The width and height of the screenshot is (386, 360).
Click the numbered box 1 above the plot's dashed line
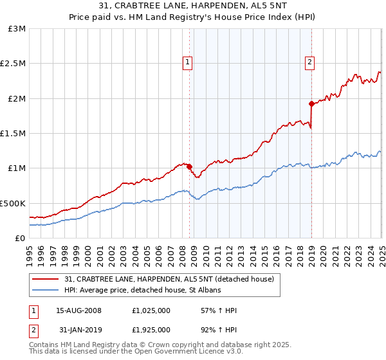tap(187, 62)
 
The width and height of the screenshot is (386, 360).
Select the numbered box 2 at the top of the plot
tap(309, 62)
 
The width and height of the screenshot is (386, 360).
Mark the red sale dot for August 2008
tap(190, 166)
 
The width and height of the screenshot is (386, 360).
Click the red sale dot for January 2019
tap(311, 104)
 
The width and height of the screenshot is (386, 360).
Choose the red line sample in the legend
tap(46, 279)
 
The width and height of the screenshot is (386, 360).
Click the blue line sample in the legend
tap(46, 291)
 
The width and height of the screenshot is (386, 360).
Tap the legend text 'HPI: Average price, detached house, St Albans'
tap(143, 291)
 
